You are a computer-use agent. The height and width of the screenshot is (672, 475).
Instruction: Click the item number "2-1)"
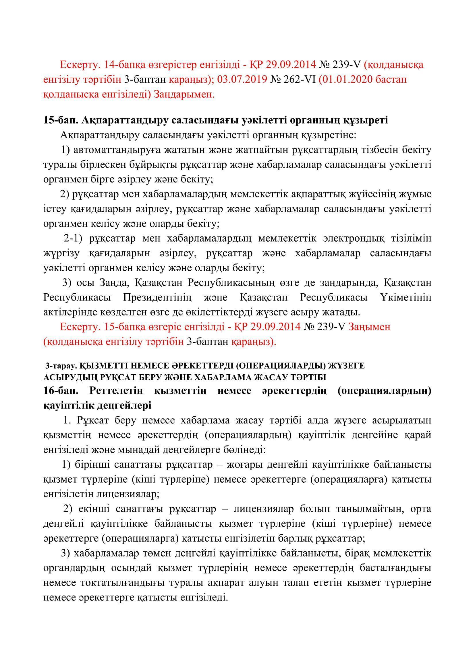(x=72, y=238)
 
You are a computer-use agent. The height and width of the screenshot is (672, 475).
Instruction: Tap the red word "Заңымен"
(x=369, y=327)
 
